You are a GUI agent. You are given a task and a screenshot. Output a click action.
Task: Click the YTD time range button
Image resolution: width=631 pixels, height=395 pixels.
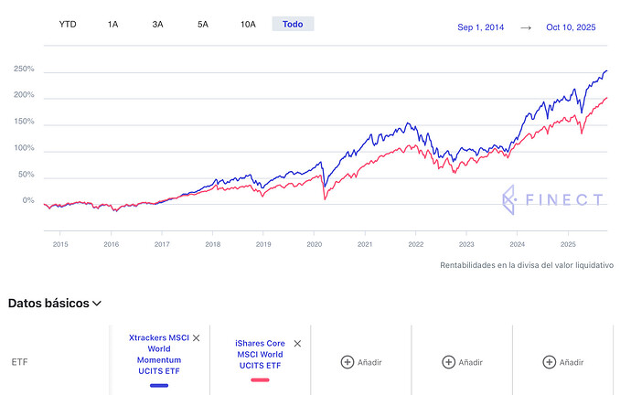[x=68, y=24]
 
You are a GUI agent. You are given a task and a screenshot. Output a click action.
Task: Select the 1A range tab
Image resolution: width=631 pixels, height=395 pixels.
[x=112, y=24]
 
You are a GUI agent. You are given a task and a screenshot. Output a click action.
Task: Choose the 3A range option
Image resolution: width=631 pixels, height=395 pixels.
[x=157, y=24]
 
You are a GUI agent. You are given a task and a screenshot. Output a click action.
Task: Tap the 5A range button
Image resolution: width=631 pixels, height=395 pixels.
[x=203, y=24]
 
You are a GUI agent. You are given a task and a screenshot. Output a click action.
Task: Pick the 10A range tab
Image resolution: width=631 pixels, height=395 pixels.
[x=248, y=24]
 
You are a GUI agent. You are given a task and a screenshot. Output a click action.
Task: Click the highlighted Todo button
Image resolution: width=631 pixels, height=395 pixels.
[x=293, y=24]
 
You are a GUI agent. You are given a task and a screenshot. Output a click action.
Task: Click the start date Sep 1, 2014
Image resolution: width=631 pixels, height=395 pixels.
[x=481, y=27]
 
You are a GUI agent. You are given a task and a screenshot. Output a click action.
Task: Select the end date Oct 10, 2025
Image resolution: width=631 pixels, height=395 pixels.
[x=571, y=27]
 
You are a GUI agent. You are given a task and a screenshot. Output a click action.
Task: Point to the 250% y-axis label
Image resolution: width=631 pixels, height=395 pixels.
[x=24, y=69]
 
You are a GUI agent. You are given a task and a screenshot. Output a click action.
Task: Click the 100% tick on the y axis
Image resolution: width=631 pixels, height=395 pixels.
[x=24, y=148]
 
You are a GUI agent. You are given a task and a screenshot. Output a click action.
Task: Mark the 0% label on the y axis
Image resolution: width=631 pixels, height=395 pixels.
[x=27, y=201]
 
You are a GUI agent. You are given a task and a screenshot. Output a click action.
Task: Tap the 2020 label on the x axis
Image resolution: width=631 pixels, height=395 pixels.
[x=314, y=244]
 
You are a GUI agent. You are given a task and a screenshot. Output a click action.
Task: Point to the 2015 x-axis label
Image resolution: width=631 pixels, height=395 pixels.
[x=60, y=244]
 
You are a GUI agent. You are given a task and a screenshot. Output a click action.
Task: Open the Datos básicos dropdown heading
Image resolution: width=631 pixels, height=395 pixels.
[x=55, y=303]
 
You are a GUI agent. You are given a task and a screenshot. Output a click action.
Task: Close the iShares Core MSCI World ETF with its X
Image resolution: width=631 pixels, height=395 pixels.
[x=297, y=343]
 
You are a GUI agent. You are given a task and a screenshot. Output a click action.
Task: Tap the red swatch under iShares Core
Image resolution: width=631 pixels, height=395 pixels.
[x=260, y=379]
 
